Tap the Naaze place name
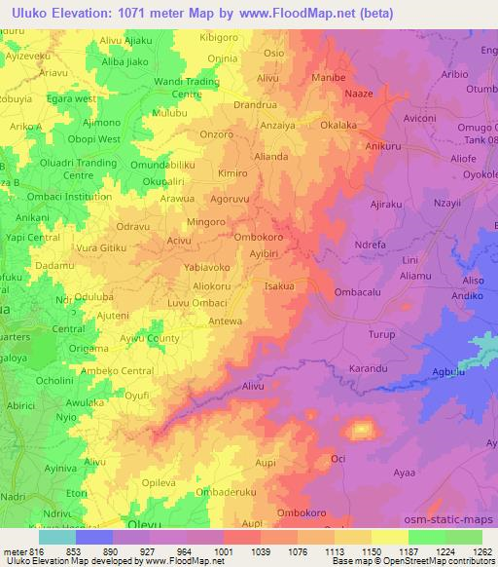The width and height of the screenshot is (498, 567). coord(359,94)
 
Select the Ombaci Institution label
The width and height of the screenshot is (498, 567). coord(62,196)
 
